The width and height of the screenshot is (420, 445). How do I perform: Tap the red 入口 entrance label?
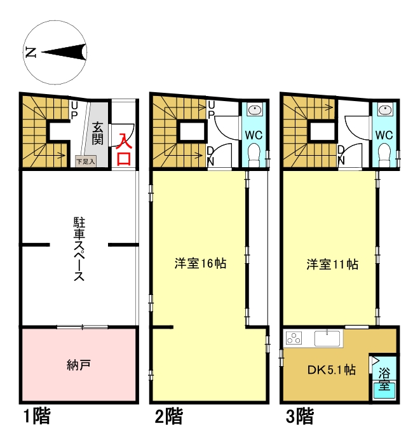click(123, 149)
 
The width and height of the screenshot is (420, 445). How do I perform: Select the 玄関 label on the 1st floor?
click(98, 133)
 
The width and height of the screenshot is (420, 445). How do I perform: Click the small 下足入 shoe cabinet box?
click(85, 161)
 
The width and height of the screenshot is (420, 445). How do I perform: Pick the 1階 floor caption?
click(37, 417)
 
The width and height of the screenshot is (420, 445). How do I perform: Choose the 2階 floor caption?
click(168, 417)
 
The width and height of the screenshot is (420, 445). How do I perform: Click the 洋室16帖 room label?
click(200, 263)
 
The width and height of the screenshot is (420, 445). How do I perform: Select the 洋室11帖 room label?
click(332, 263)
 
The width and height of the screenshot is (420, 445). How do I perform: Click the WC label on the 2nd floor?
click(254, 135)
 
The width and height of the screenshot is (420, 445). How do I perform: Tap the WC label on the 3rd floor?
click(383, 135)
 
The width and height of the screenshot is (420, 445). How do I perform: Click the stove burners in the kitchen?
click(294, 338)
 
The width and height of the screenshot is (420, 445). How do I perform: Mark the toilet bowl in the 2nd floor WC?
click(254, 153)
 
